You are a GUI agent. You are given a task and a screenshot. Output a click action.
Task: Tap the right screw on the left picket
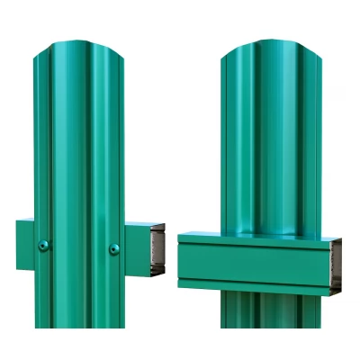coord(113,248)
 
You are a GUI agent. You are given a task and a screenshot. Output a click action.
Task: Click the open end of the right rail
coord(335,265)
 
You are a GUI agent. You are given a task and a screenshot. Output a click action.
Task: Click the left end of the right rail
coord(184,263)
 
